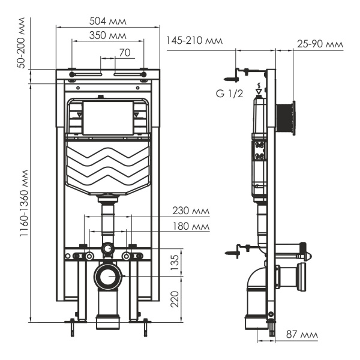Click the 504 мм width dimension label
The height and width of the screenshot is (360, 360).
pyautogui.click(x=109, y=22)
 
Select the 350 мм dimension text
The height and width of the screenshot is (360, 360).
pyautogui.click(x=108, y=35)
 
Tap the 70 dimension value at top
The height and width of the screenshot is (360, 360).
pyautogui.click(x=124, y=52)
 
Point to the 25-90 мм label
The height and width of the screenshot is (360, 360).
pyautogui.click(x=320, y=44)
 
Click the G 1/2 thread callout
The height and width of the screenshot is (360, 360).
pyautogui.click(x=230, y=94)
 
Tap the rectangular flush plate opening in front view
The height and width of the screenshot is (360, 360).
pyautogui.click(x=108, y=118)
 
